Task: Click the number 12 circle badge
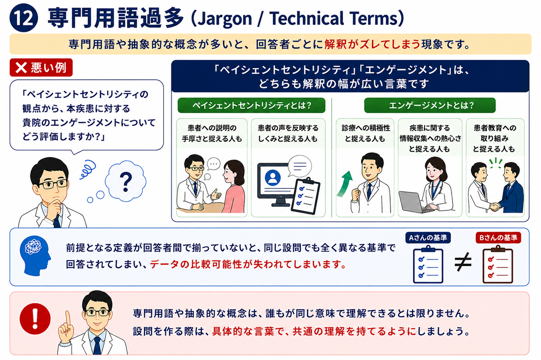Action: (x=24, y=18)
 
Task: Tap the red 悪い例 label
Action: (x=41, y=68)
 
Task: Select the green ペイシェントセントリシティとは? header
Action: (x=251, y=105)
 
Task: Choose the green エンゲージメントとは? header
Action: (x=430, y=105)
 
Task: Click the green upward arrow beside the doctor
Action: (x=345, y=184)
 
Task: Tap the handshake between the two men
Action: (x=495, y=207)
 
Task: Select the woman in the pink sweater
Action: (x=233, y=186)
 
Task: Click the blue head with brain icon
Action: (x=35, y=256)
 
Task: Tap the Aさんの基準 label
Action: (x=428, y=238)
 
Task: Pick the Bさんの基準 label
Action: (x=498, y=238)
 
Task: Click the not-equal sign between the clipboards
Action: (x=463, y=262)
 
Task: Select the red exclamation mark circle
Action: (x=35, y=319)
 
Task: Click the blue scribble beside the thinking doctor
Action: (x=88, y=169)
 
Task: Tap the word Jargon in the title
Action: (x=224, y=19)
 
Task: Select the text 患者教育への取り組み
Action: (x=495, y=133)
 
